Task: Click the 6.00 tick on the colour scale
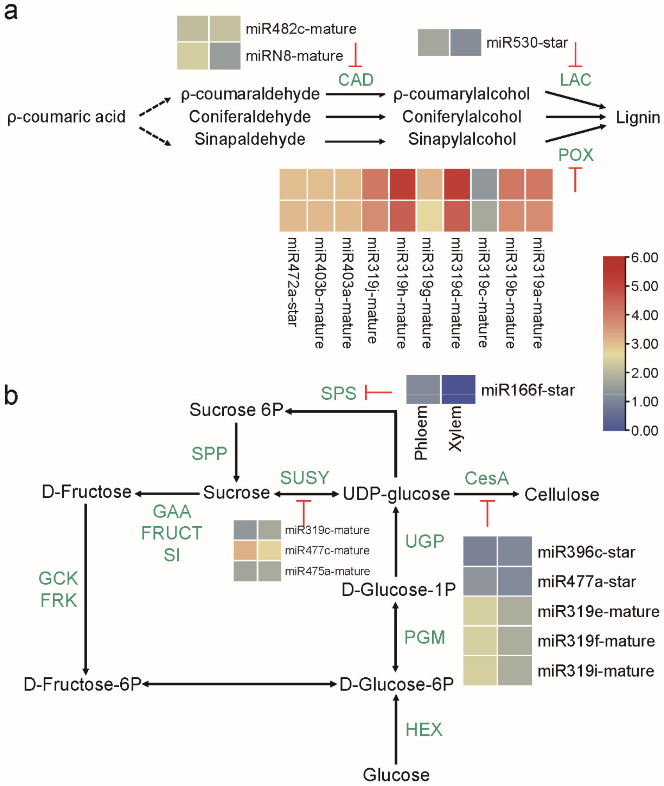(644, 258)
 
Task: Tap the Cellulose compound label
(562, 494)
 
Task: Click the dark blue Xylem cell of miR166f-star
(458, 389)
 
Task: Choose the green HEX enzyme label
(423, 730)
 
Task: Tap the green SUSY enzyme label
(304, 478)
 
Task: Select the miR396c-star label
(586, 552)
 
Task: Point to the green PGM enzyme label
(425, 637)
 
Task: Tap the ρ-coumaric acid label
(66, 117)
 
